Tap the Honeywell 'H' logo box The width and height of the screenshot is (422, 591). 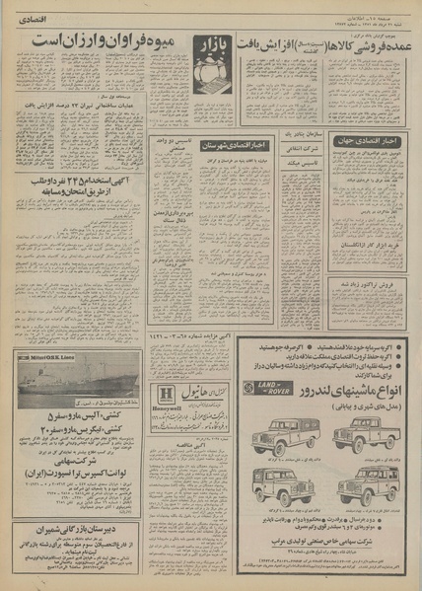(x=168, y=392)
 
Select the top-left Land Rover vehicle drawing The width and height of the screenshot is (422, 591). (x=283, y=434)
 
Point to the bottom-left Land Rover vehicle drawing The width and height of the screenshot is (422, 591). (x=283, y=484)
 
